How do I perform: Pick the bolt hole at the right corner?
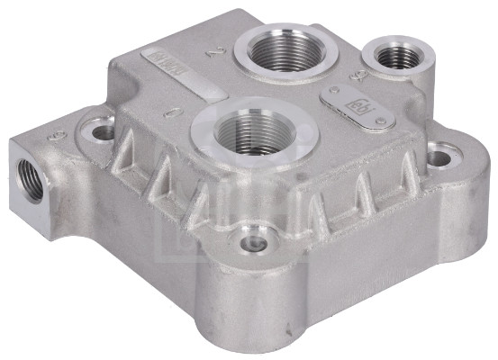tap(439, 159)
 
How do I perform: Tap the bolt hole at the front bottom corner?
tap(252, 244)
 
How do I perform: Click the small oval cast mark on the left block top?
tap(59, 134)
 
